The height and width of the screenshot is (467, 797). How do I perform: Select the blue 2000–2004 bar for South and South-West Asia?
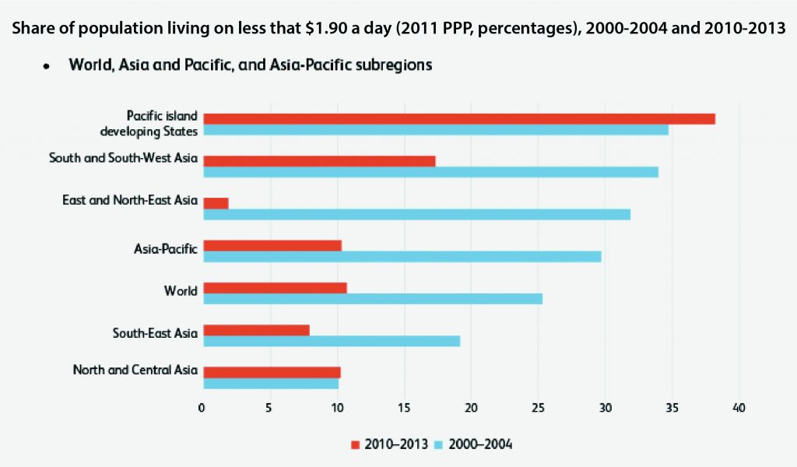(430, 172)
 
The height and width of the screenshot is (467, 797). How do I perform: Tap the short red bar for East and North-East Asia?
(216, 203)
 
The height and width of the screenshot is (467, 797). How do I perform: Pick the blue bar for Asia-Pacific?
(402, 256)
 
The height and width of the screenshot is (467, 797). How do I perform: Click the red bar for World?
(275, 288)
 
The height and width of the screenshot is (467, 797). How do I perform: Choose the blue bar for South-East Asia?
(332, 341)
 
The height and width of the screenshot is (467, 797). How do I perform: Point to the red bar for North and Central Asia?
(272, 372)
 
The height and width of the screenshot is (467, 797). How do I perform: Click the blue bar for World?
(372, 299)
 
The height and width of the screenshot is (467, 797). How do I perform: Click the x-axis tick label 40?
(739, 408)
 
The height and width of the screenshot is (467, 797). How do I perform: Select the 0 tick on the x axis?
(202, 408)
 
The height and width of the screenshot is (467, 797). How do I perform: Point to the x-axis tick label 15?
(403, 408)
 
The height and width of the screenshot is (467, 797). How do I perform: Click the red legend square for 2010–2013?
(356, 444)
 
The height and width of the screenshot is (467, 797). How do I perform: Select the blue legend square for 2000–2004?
(438, 444)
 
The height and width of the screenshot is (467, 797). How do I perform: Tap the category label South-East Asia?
(155, 335)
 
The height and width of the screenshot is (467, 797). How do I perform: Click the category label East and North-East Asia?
(130, 201)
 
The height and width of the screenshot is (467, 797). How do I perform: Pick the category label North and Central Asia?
(135, 370)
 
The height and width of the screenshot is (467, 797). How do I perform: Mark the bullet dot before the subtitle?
(47, 67)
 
